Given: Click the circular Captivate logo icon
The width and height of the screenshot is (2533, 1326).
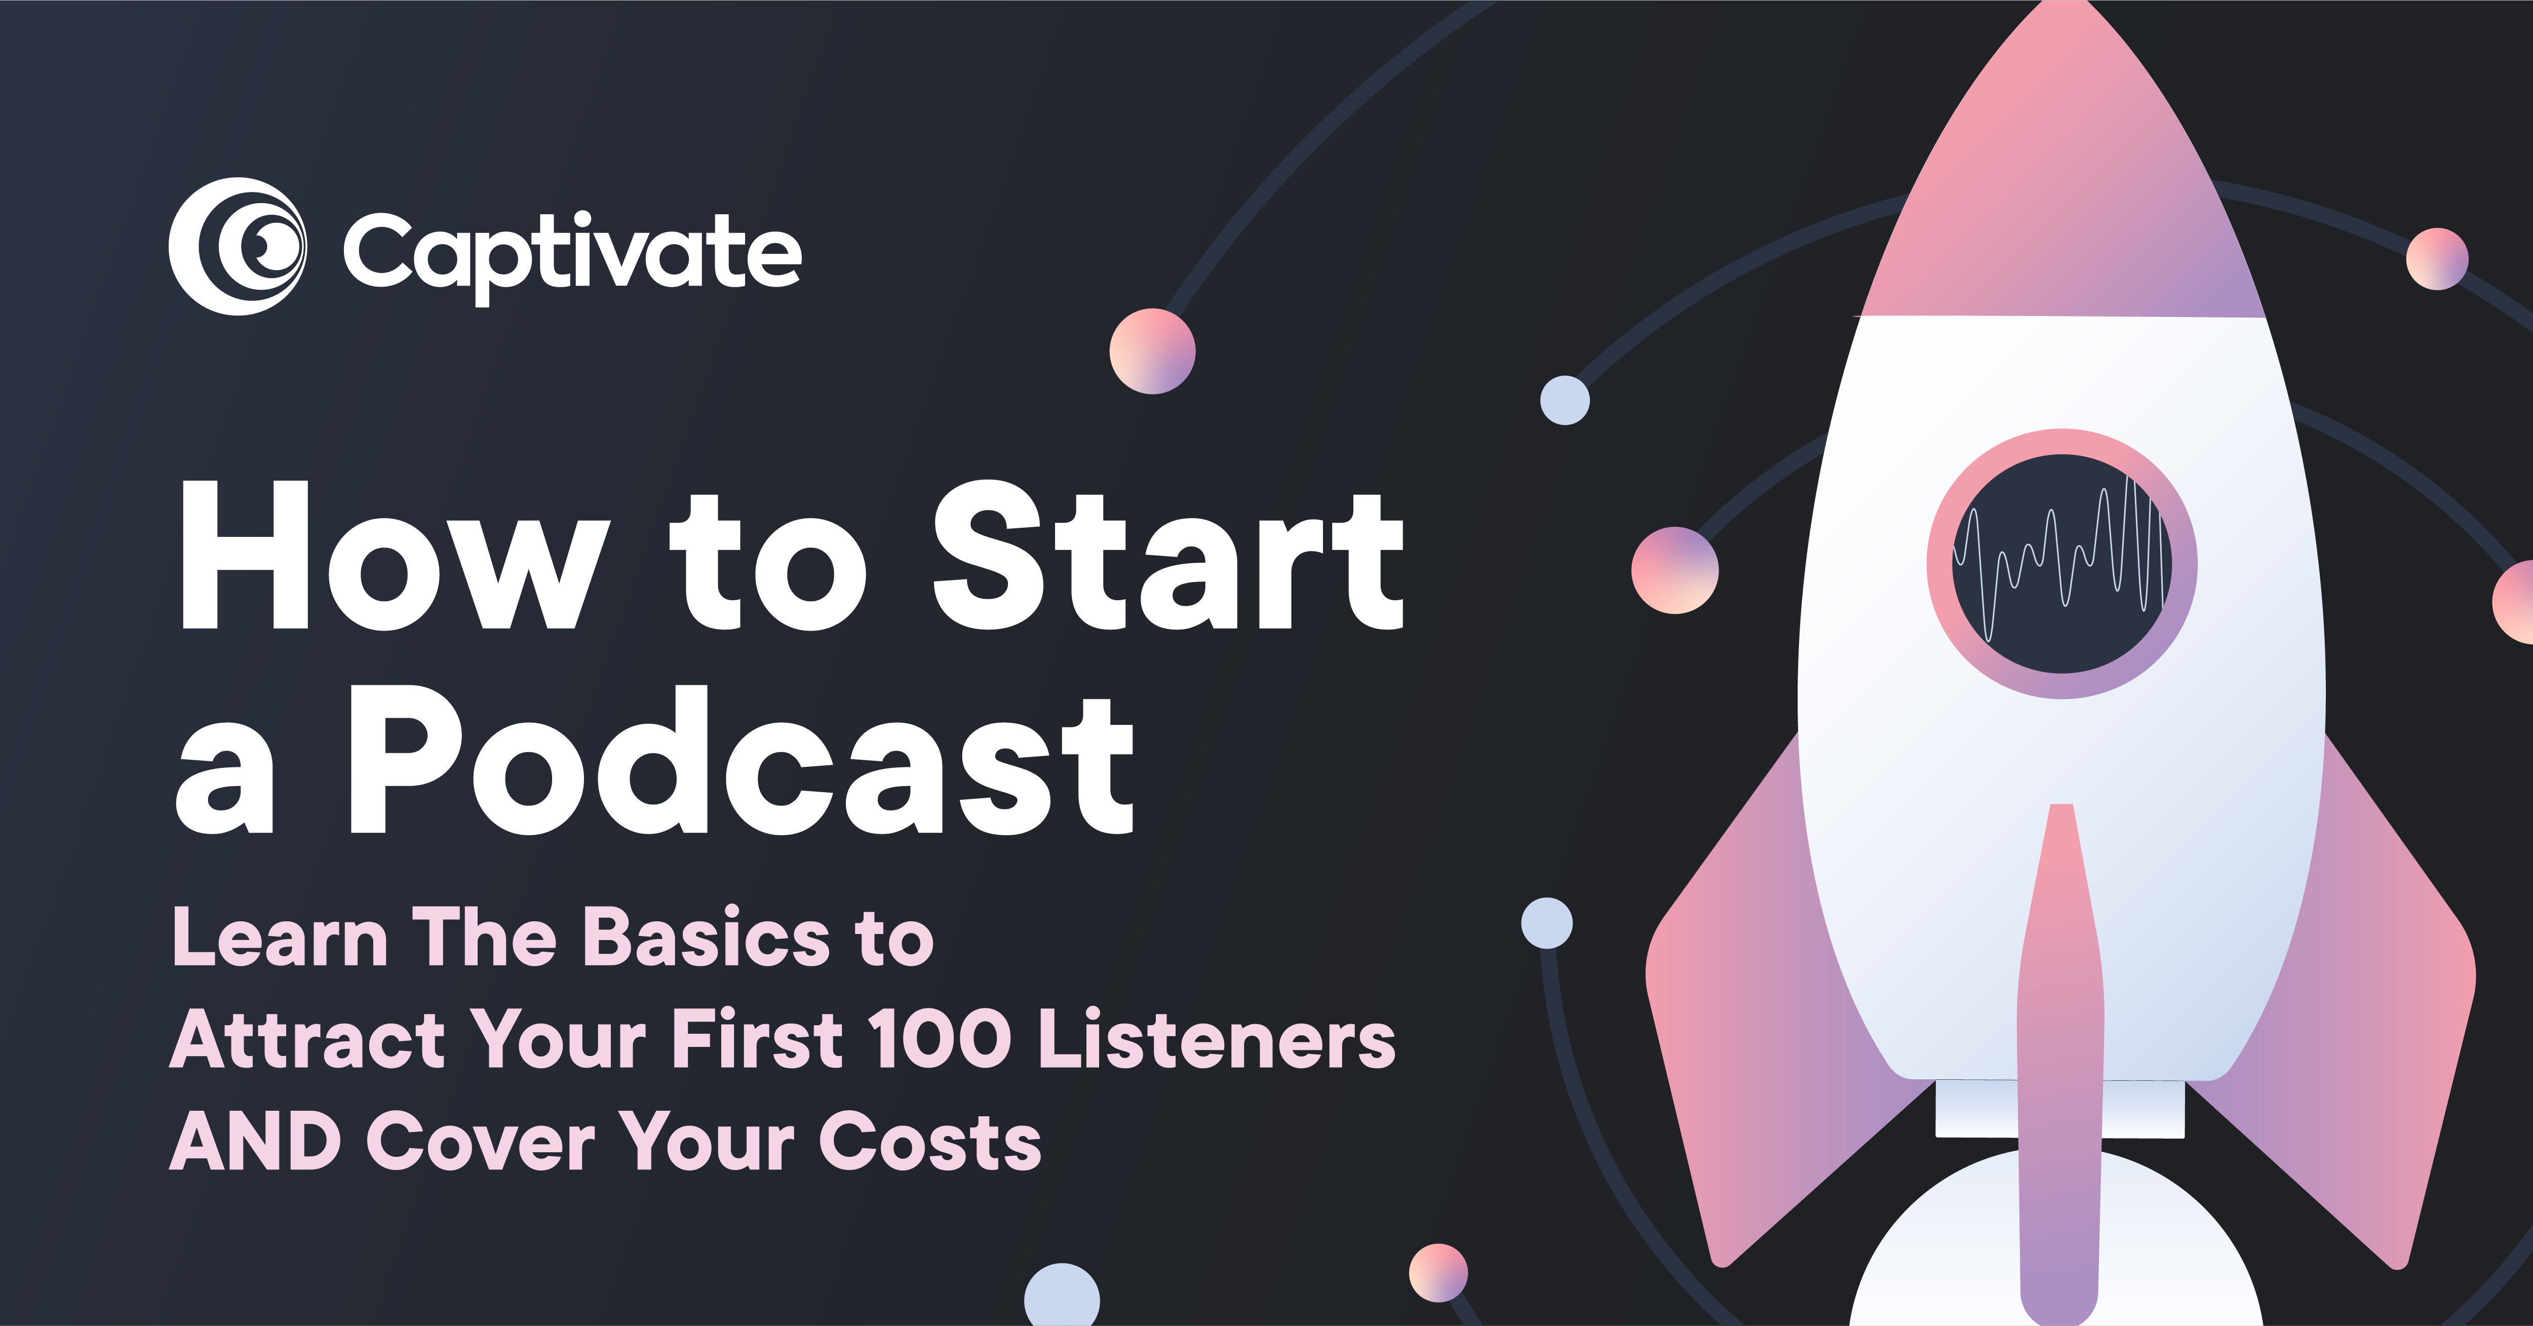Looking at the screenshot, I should click(x=237, y=247).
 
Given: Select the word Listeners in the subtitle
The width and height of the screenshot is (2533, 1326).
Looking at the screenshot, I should click(x=1216, y=1040).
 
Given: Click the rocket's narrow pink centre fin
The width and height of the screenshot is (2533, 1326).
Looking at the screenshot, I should click(x=2060, y=1062).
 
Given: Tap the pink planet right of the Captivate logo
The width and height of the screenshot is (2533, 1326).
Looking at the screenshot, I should click(x=1152, y=351).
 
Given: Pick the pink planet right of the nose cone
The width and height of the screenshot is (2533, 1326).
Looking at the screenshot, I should click(x=2437, y=258).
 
